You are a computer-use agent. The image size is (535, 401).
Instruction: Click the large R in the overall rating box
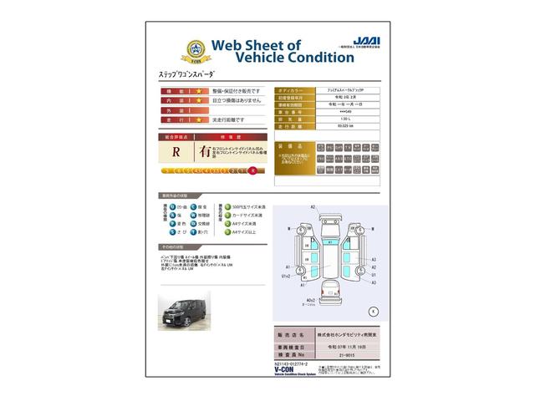(176, 153)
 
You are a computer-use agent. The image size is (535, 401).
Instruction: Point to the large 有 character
(205, 152)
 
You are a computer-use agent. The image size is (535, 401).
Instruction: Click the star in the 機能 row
(199, 90)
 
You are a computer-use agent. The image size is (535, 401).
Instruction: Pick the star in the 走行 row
(199, 119)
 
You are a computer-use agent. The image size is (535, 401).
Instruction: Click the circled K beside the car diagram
(374, 310)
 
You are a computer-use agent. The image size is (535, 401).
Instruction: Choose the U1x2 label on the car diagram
(284, 275)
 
